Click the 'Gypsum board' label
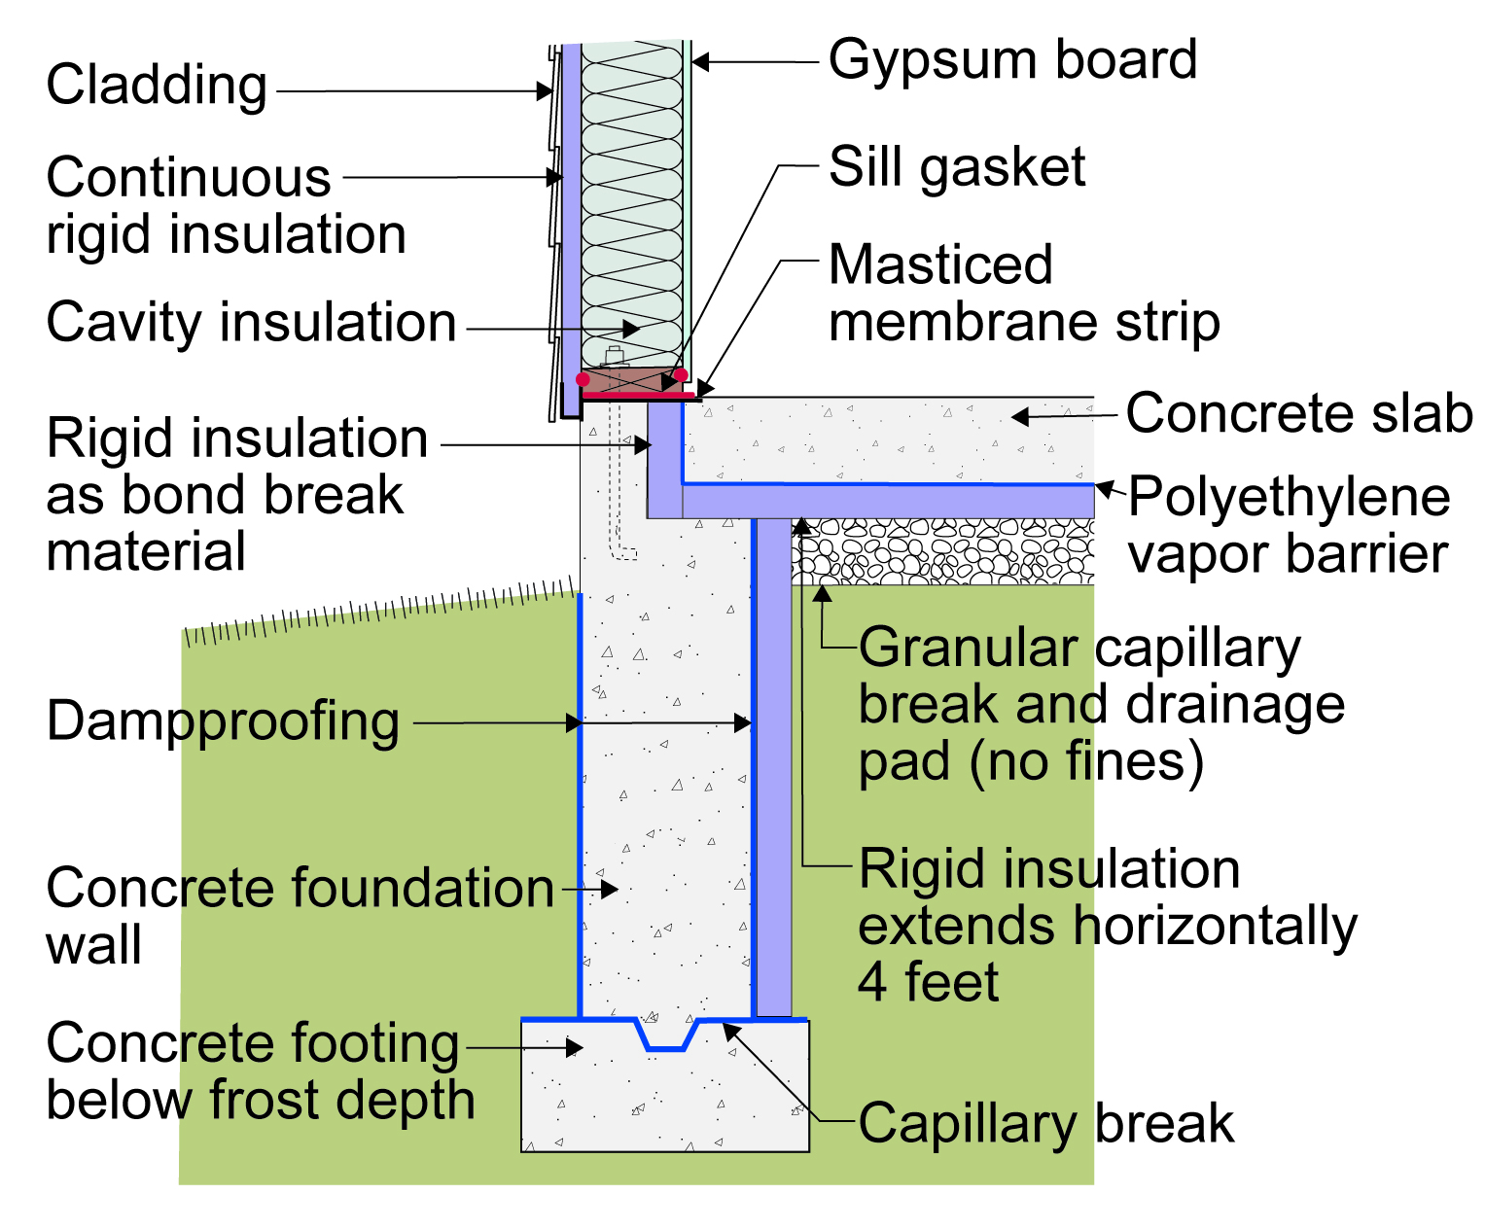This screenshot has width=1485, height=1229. click(1012, 62)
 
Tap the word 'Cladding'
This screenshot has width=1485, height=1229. click(157, 87)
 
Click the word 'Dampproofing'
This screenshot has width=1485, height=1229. click(223, 722)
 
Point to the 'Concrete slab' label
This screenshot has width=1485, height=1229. click(1298, 413)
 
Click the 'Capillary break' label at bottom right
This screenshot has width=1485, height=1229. click(1045, 1124)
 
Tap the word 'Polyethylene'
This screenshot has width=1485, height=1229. click(1289, 497)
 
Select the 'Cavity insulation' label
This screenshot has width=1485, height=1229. click(251, 325)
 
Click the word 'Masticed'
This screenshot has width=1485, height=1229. click(940, 264)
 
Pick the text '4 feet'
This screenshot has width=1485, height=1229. click(928, 982)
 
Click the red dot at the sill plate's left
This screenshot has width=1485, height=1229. click(583, 380)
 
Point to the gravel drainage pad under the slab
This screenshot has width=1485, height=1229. click(943, 551)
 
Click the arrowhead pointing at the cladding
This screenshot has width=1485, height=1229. click(545, 91)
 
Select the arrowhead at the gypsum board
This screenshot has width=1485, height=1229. click(700, 62)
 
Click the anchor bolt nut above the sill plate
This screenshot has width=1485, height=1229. click(614, 356)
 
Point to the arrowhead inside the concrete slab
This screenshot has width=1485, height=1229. click(1020, 417)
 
